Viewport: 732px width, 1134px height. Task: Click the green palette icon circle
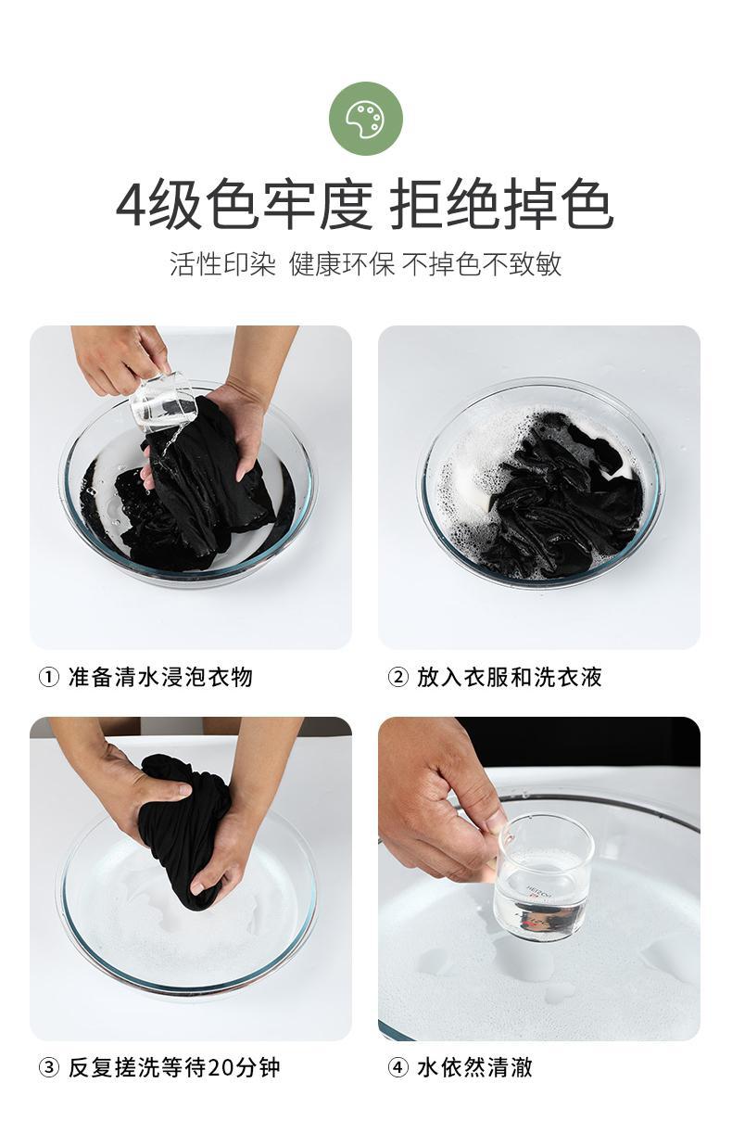(366, 119)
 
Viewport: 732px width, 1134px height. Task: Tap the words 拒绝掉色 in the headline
(501, 205)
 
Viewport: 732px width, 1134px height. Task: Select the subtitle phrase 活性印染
(222, 263)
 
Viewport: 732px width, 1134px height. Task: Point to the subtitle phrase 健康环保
(342, 263)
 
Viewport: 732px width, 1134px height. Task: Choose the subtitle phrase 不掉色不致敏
(482, 263)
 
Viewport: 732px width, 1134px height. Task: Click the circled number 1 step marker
(49, 678)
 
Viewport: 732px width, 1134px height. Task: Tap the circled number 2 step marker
(398, 678)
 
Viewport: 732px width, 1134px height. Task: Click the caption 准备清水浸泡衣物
(160, 678)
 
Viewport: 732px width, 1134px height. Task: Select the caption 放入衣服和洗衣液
(510, 678)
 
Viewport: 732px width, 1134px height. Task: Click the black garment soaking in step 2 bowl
(562, 499)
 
